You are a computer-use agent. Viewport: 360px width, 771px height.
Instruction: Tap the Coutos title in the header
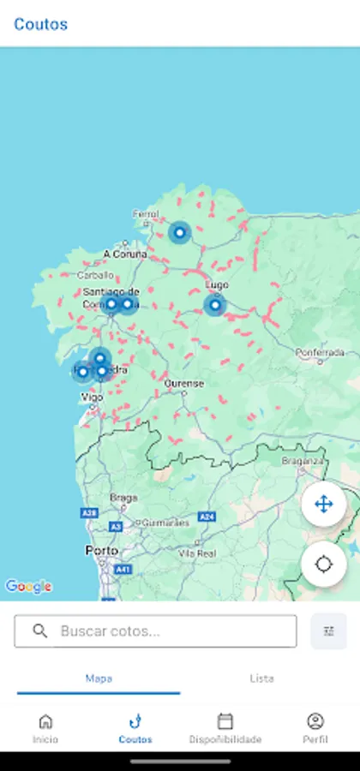[40, 24]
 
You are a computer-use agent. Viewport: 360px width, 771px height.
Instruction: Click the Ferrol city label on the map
[146, 214]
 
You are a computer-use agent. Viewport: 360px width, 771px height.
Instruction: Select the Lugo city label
[218, 284]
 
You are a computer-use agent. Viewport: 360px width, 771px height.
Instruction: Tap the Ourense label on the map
[184, 384]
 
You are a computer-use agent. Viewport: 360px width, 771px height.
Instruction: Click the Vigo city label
[92, 397]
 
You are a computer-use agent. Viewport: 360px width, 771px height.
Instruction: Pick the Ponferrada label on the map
[320, 352]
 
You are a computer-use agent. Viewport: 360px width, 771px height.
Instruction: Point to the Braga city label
[123, 497]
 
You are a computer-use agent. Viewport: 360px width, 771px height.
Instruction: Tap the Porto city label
[101, 550]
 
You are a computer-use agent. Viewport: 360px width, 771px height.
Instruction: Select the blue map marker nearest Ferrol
[179, 232]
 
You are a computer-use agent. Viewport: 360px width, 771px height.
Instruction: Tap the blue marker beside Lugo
[214, 305]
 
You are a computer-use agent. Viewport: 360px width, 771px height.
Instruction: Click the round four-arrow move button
[323, 505]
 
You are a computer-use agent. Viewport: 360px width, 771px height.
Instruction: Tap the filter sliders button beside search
[328, 631]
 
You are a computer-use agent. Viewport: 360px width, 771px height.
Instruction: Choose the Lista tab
[261, 678]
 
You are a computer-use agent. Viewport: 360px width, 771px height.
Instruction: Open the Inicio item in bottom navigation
[45, 728]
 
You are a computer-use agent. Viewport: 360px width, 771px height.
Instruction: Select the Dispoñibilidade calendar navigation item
[225, 728]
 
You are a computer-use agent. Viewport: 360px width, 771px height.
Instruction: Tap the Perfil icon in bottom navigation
[315, 728]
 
